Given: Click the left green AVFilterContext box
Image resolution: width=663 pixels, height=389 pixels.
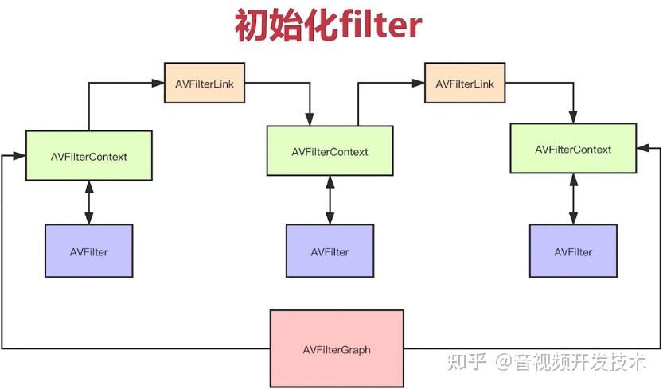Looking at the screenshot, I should (88, 156).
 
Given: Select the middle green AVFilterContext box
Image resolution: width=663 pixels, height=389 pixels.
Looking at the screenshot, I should (330, 151).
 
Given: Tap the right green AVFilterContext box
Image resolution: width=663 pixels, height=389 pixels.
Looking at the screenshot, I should (573, 149).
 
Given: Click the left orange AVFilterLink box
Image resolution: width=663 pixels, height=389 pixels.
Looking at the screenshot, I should (205, 83).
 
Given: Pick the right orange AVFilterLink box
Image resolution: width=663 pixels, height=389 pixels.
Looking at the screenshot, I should (465, 84).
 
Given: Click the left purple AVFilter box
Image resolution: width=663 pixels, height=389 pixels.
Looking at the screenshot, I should (88, 251).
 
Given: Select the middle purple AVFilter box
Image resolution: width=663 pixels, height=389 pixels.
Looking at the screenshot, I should (330, 251).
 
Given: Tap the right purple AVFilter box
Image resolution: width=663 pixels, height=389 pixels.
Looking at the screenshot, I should (573, 251).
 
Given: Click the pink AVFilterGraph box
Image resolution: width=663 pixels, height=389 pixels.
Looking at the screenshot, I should (337, 349).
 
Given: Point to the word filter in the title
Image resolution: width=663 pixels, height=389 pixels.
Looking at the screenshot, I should (379, 26).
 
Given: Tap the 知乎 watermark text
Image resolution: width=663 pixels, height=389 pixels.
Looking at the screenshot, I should (466, 362).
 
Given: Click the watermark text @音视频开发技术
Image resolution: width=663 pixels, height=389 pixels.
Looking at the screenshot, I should (571, 362).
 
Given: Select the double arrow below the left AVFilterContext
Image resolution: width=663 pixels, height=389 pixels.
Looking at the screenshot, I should (88, 202).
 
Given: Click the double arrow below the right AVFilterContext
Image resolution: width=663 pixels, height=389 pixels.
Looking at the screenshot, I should (573, 199).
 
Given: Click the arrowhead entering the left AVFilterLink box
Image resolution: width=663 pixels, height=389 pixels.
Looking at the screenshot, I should (159, 83).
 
